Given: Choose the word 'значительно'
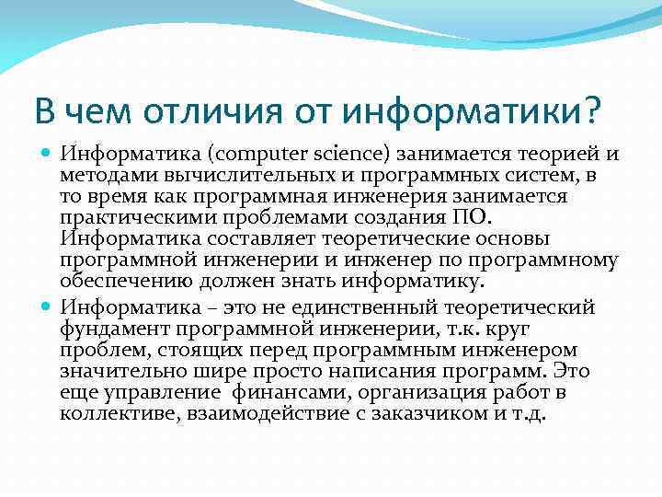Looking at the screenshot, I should point(115,371).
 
